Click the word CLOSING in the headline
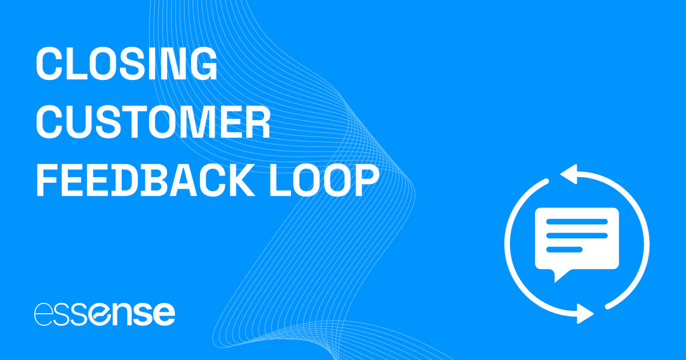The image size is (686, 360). pos(126,65)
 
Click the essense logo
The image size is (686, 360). pos(104,314)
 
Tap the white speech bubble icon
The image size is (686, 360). pos(577,239)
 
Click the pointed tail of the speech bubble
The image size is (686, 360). pos(558,275)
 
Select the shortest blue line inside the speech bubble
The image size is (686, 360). pos(564,247)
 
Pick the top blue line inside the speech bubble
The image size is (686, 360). pos(577,222)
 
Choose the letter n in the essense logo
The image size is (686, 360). pos(116,314)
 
